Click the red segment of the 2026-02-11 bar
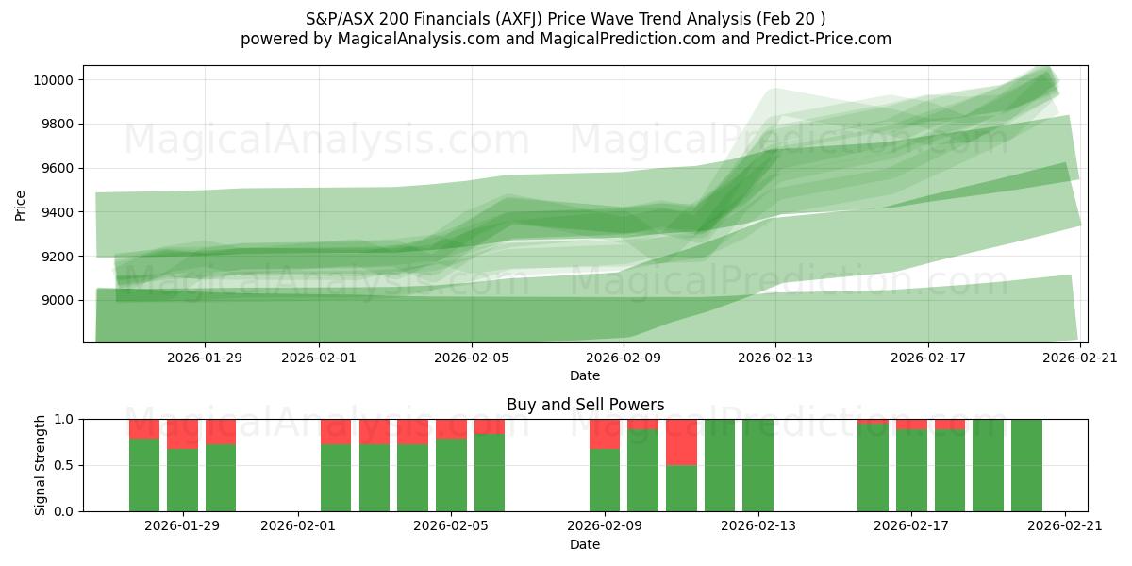681,441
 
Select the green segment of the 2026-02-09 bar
605,480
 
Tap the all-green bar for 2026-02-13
757,465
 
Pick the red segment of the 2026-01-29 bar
182,434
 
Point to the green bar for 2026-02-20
1026,465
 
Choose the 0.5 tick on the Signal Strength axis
65,465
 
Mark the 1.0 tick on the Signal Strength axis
65,419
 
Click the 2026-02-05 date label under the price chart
472,358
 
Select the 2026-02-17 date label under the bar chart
912,526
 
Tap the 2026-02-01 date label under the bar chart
298,526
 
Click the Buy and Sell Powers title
585,405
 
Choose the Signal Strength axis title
42,465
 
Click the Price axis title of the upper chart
21,204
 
